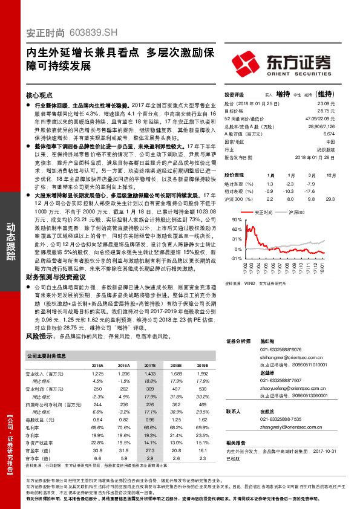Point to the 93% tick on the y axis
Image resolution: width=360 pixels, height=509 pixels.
click(x=230, y=221)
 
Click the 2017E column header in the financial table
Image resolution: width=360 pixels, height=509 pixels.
click(x=149, y=366)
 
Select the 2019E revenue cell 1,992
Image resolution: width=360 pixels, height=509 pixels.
click(x=201, y=375)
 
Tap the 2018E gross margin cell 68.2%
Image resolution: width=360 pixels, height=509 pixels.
click(x=175, y=427)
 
